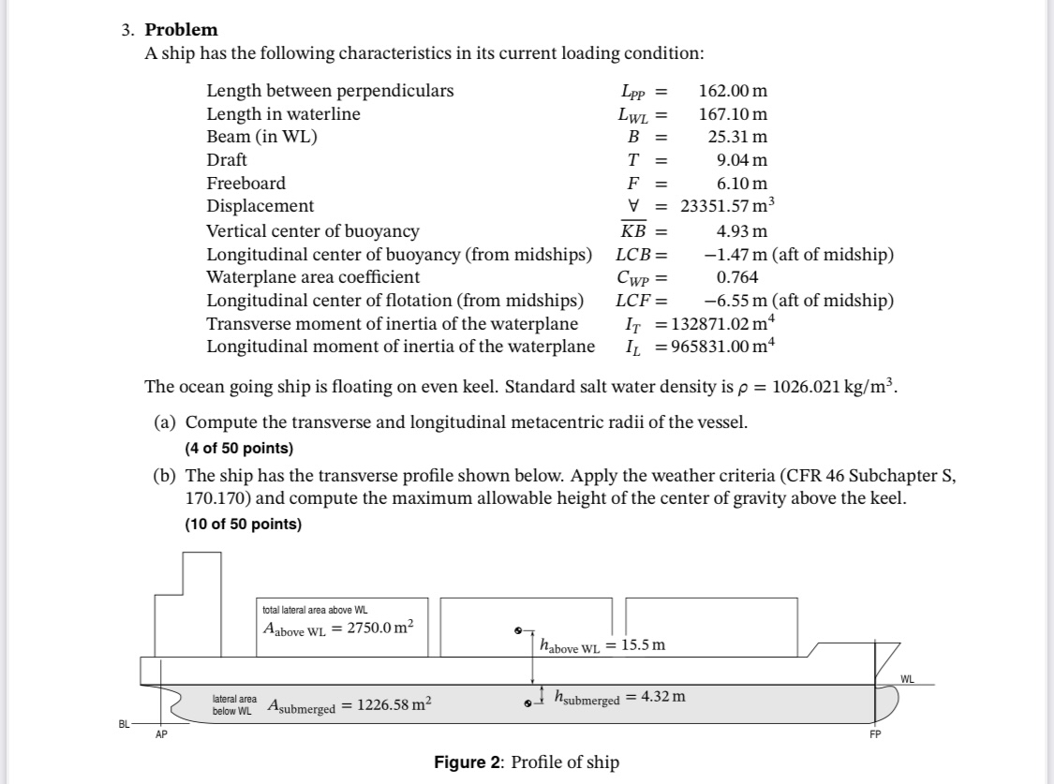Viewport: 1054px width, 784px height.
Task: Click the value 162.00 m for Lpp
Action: click(x=733, y=91)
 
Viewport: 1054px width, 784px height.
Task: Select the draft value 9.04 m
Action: click(x=742, y=160)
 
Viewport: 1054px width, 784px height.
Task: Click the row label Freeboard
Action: click(x=245, y=184)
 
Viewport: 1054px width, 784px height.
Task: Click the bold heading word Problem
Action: click(x=181, y=30)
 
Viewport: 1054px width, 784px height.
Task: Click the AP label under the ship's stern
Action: click(x=161, y=734)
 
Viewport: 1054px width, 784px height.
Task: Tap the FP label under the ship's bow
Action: click(x=875, y=734)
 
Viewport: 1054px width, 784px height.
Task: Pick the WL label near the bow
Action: click(x=908, y=678)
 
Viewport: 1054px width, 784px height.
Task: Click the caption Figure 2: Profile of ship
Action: click(x=527, y=762)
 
